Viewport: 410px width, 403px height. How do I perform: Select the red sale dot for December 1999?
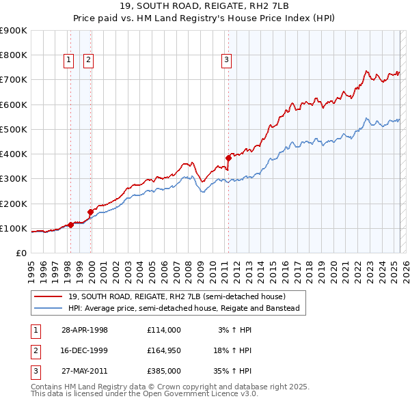[x=90, y=212]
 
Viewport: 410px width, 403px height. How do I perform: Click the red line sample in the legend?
[x=48, y=296]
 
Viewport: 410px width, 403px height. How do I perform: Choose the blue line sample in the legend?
[x=48, y=308]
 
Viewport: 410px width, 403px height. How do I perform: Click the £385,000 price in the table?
[x=163, y=371]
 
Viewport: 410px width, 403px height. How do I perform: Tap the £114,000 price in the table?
[x=163, y=330]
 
